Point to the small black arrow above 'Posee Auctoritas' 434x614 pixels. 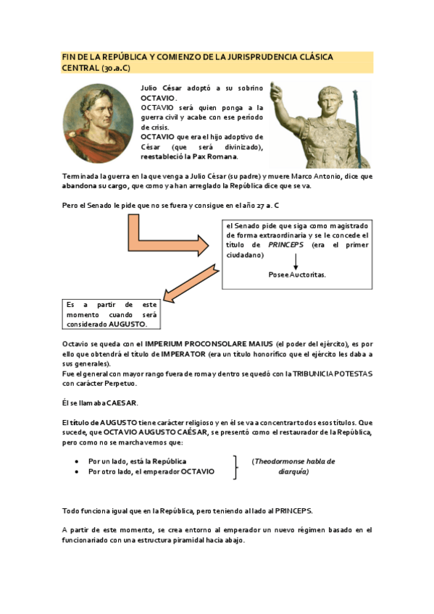pyautogui.click(x=296, y=261)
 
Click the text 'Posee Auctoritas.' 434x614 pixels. pyautogui.click(x=296, y=275)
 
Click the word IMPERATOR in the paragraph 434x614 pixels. pyautogui.click(x=192, y=353)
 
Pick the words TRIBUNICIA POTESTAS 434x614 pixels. pyautogui.click(x=335, y=374)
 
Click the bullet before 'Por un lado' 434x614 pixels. pyautogui.click(x=78, y=461)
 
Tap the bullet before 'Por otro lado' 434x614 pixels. pyautogui.click(x=78, y=471)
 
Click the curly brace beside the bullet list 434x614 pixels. pyautogui.click(x=235, y=466)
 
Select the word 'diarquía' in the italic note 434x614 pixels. pyautogui.click(x=294, y=471)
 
